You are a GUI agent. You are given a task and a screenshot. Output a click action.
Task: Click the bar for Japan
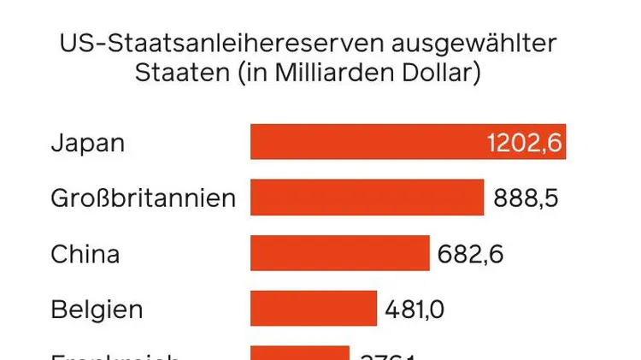[368, 142]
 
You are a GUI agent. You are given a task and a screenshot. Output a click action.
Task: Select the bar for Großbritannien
[367, 198]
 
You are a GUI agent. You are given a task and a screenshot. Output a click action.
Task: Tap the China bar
[339, 254]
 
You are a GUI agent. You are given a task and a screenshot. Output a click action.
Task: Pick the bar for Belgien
[313, 308]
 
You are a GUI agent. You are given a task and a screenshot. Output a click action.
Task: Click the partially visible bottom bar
[299, 353]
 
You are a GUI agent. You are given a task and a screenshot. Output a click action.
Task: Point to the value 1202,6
[524, 143]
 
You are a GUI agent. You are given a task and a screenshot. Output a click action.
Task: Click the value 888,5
[526, 198]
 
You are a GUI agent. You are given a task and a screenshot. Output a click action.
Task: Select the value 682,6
[471, 254]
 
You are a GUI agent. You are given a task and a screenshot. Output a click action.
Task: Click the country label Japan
[87, 143]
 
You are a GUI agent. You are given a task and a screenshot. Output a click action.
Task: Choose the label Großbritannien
[143, 198]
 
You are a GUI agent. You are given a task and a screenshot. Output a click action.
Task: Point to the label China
[85, 254]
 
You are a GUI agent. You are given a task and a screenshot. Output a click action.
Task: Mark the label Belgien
[97, 309]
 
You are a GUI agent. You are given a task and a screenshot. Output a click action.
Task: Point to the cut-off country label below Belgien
[115, 355]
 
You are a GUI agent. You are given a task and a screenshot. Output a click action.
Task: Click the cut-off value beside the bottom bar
[388, 355]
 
